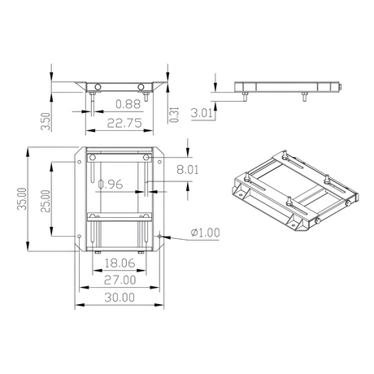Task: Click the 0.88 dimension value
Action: click(128, 104)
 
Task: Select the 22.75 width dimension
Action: click(124, 123)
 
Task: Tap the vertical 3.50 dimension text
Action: click(46, 121)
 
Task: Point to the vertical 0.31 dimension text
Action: click(174, 115)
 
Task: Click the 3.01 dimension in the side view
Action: click(202, 113)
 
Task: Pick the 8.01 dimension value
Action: click(187, 170)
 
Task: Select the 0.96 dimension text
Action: click(111, 185)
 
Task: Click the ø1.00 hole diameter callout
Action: click(205, 233)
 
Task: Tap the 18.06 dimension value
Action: click(120, 263)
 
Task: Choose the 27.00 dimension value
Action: click(120, 280)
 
